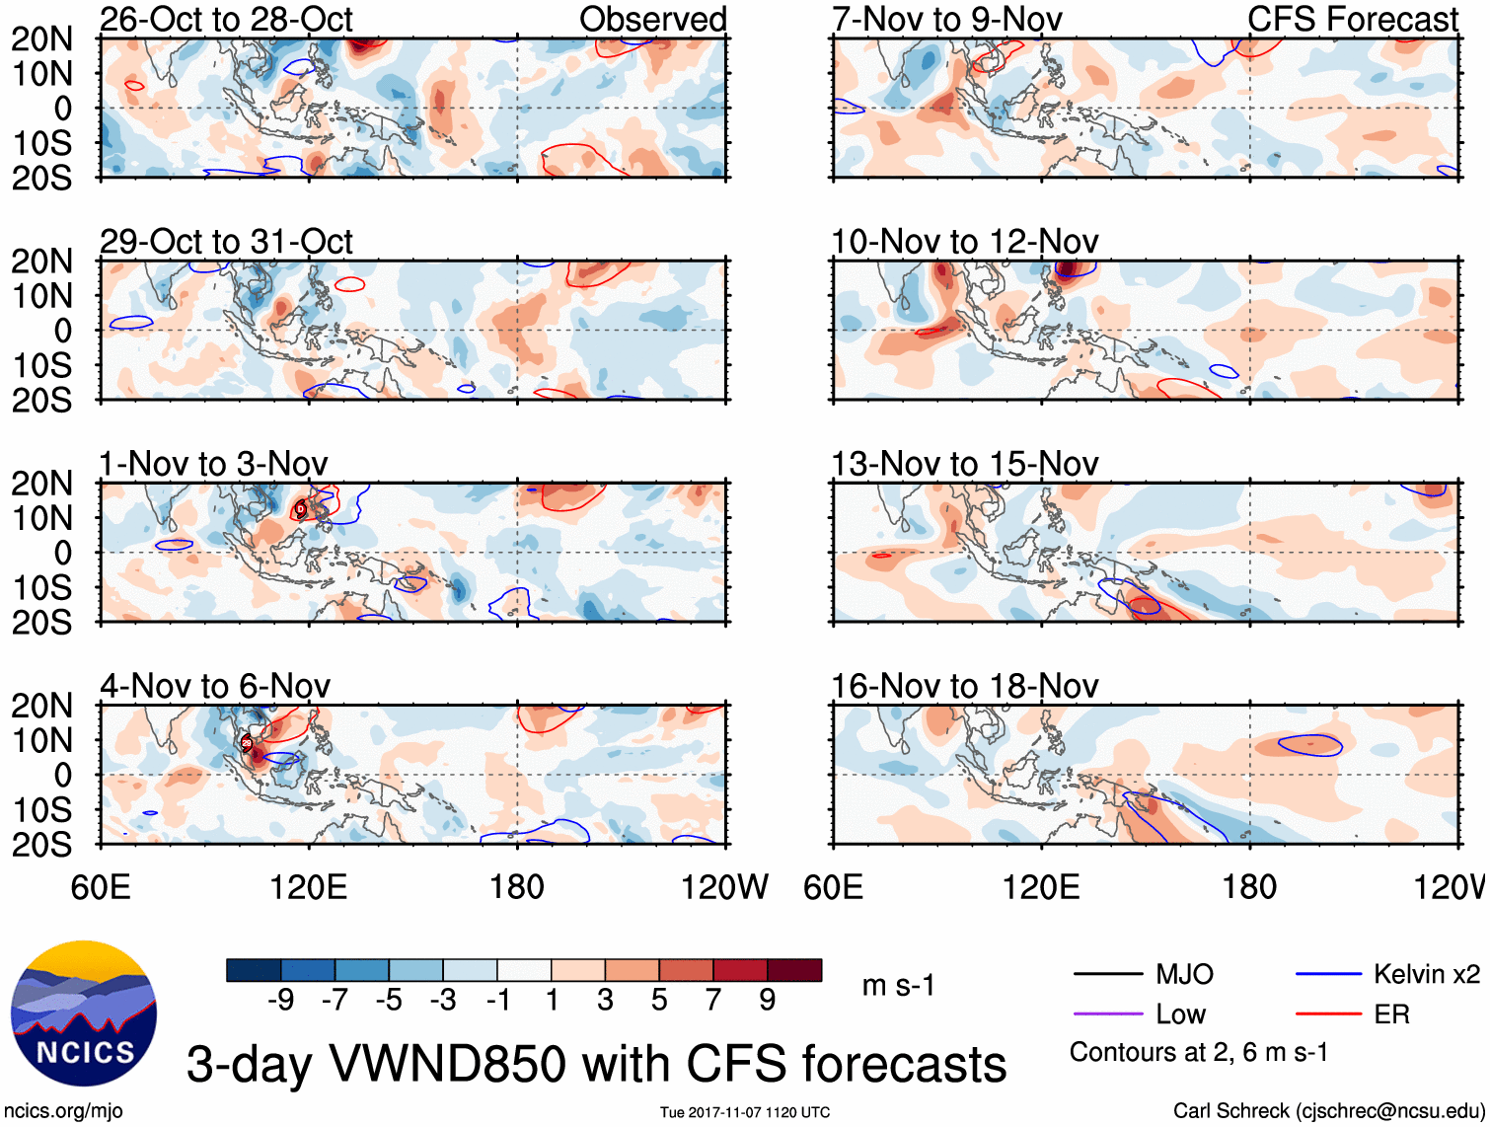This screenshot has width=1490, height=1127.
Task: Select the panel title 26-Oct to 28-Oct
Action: [x=226, y=19]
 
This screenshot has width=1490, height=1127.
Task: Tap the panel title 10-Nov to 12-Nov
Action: [x=964, y=242]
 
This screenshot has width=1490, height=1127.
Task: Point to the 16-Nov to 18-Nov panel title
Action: [x=964, y=686]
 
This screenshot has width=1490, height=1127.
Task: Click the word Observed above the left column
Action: [x=652, y=19]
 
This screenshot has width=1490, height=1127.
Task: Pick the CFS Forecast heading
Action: [x=1352, y=19]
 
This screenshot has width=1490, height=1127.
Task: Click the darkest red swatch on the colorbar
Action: [x=794, y=970]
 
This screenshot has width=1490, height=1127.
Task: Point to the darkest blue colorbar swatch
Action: [x=253, y=970]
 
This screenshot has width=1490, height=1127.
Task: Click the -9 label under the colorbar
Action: [x=280, y=1001]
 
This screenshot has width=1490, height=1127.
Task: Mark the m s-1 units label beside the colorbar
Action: [x=898, y=986]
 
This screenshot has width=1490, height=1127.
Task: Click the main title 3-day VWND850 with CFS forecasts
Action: [x=596, y=1065]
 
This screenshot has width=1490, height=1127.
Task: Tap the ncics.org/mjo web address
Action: [x=63, y=1111]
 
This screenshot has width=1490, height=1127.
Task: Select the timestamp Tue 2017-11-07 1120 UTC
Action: [x=745, y=1112]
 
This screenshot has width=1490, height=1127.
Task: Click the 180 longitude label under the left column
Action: [x=517, y=887]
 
